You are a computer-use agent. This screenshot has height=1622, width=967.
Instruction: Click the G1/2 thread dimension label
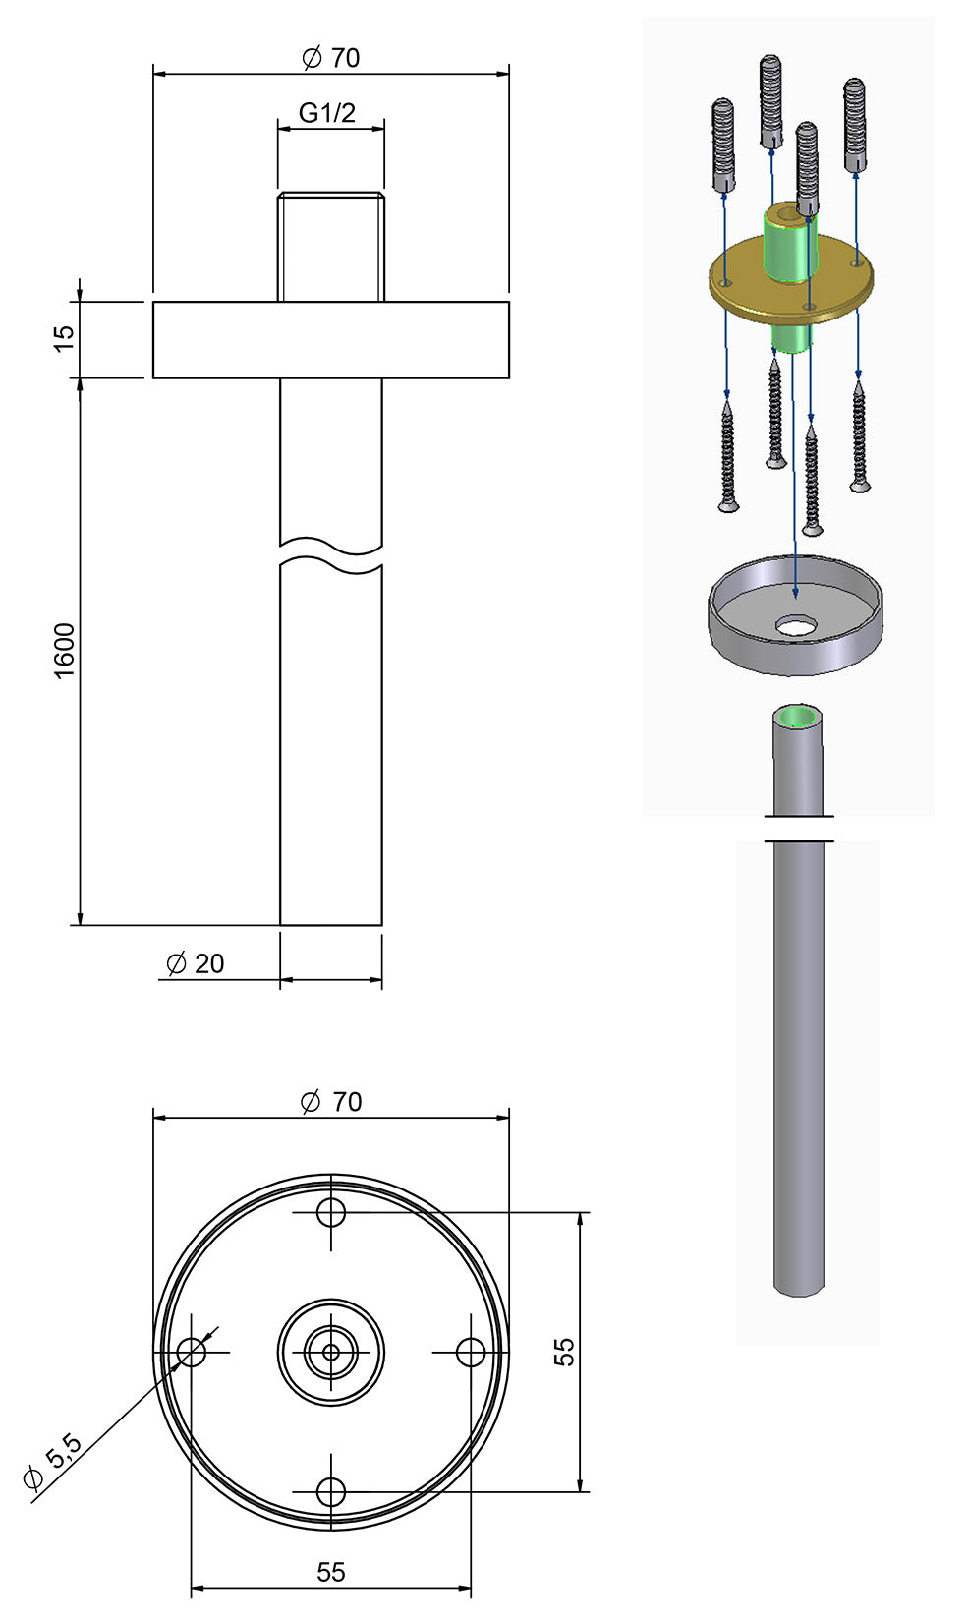[327, 113]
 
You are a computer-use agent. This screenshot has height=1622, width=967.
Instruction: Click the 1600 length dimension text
[63, 650]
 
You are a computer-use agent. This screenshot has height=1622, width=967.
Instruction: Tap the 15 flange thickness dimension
[63, 337]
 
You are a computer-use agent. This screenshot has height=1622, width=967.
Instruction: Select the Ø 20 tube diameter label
[196, 963]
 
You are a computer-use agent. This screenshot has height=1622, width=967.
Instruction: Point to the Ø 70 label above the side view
[331, 58]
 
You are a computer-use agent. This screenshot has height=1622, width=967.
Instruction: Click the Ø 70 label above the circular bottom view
[331, 1102]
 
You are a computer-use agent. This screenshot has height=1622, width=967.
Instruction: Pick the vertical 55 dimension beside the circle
[564, 1352]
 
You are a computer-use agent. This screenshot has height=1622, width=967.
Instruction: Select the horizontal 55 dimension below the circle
[331, 1572]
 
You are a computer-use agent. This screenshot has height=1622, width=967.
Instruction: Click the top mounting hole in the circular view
[331, 1212]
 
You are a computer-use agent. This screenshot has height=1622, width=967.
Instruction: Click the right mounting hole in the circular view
[471, 1353]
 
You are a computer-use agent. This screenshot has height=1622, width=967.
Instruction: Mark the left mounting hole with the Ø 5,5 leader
[192, 1353]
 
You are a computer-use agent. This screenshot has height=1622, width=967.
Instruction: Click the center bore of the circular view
[331, 1353]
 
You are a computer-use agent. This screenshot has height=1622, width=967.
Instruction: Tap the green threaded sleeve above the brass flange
[789, 246]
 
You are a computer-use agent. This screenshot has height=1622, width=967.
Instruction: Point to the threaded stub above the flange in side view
[331, 246]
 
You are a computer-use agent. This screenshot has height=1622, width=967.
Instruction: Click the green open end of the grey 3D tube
[797, 716]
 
